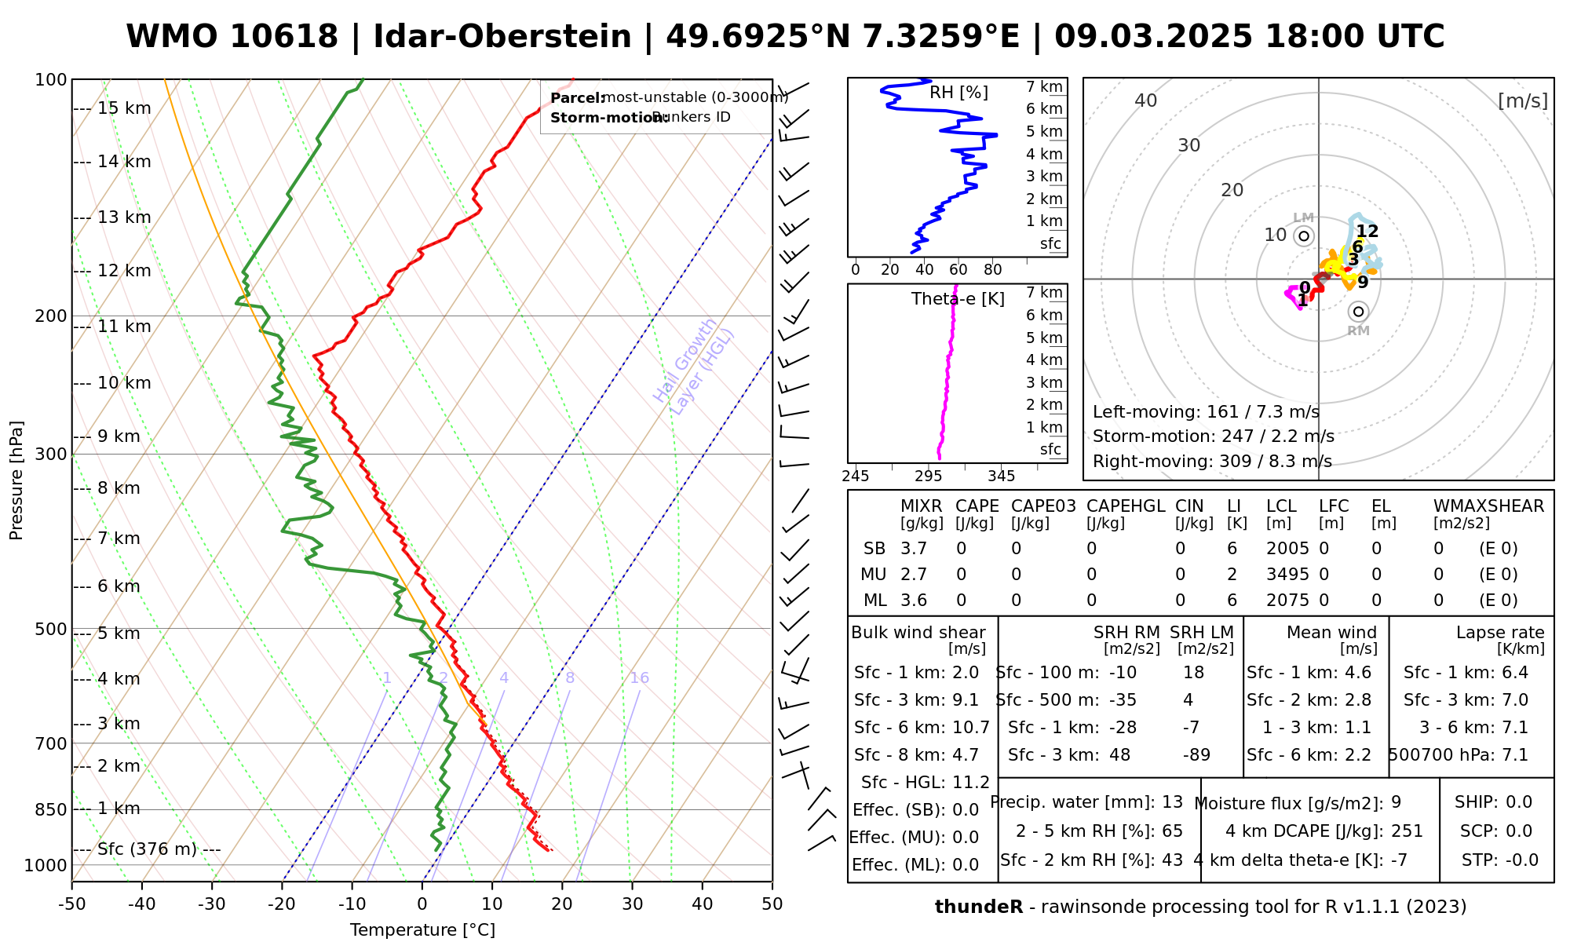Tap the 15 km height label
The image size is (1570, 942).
(x=124, y=108)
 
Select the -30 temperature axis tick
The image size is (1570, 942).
(x=212, y=904)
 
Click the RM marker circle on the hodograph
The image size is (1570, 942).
(x=1359, y=312)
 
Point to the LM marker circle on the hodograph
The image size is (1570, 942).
(x=1304, y=235)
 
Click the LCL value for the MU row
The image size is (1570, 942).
(x=1287, y=575)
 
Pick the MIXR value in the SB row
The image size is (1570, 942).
(x=914, y=549)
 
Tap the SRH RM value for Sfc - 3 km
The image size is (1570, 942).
(x=1120, y=755)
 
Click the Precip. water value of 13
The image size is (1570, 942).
(x=1173, y=802)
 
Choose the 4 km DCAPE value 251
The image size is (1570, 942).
(x=1407, y=831)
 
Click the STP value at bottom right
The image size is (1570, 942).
(x=1521, y=860)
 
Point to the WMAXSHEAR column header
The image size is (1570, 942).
(x=1488, y=506)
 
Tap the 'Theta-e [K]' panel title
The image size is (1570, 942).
(x=958, y=299)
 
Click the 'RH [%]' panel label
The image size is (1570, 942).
(x=958, y=93)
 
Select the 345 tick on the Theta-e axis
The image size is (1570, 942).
(x=1001, y=476)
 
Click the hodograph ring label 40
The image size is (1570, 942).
(x=1146, y=100)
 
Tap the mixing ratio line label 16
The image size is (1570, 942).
(x=640, y=678)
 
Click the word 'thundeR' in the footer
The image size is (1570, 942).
(x=979, y=907)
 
